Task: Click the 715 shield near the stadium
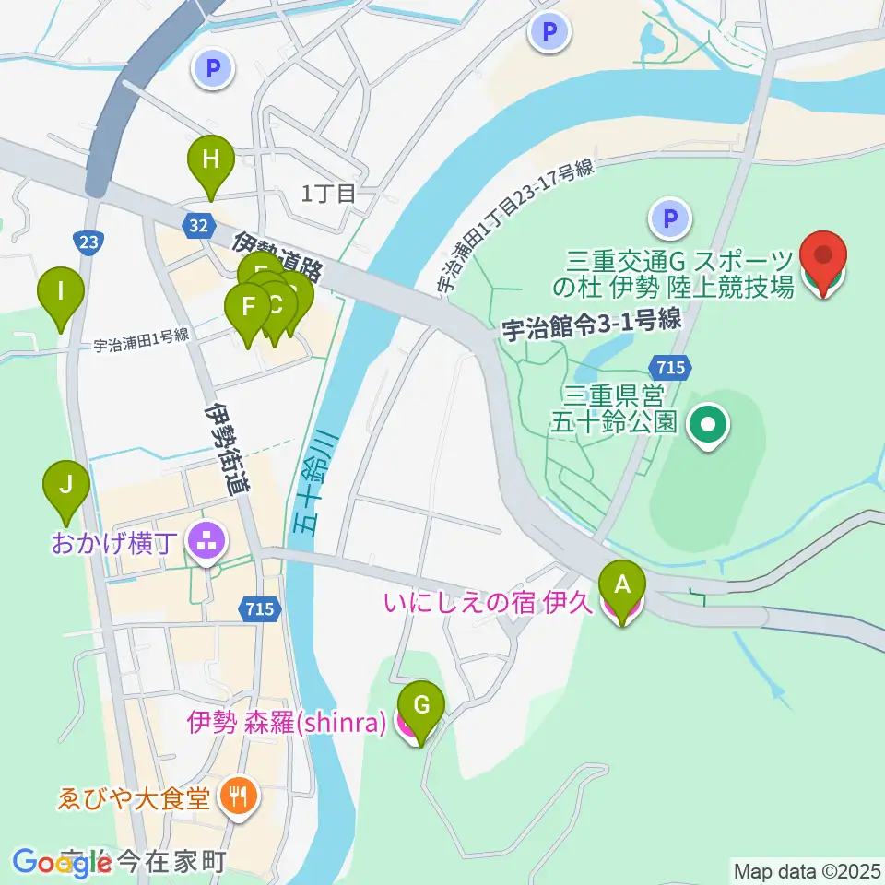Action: click(672, 367)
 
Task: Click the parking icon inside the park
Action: click(670, 219)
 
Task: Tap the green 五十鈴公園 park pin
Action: click(709, 425)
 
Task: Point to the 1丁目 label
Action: click(329, 194)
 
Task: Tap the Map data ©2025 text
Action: click(805, 869)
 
